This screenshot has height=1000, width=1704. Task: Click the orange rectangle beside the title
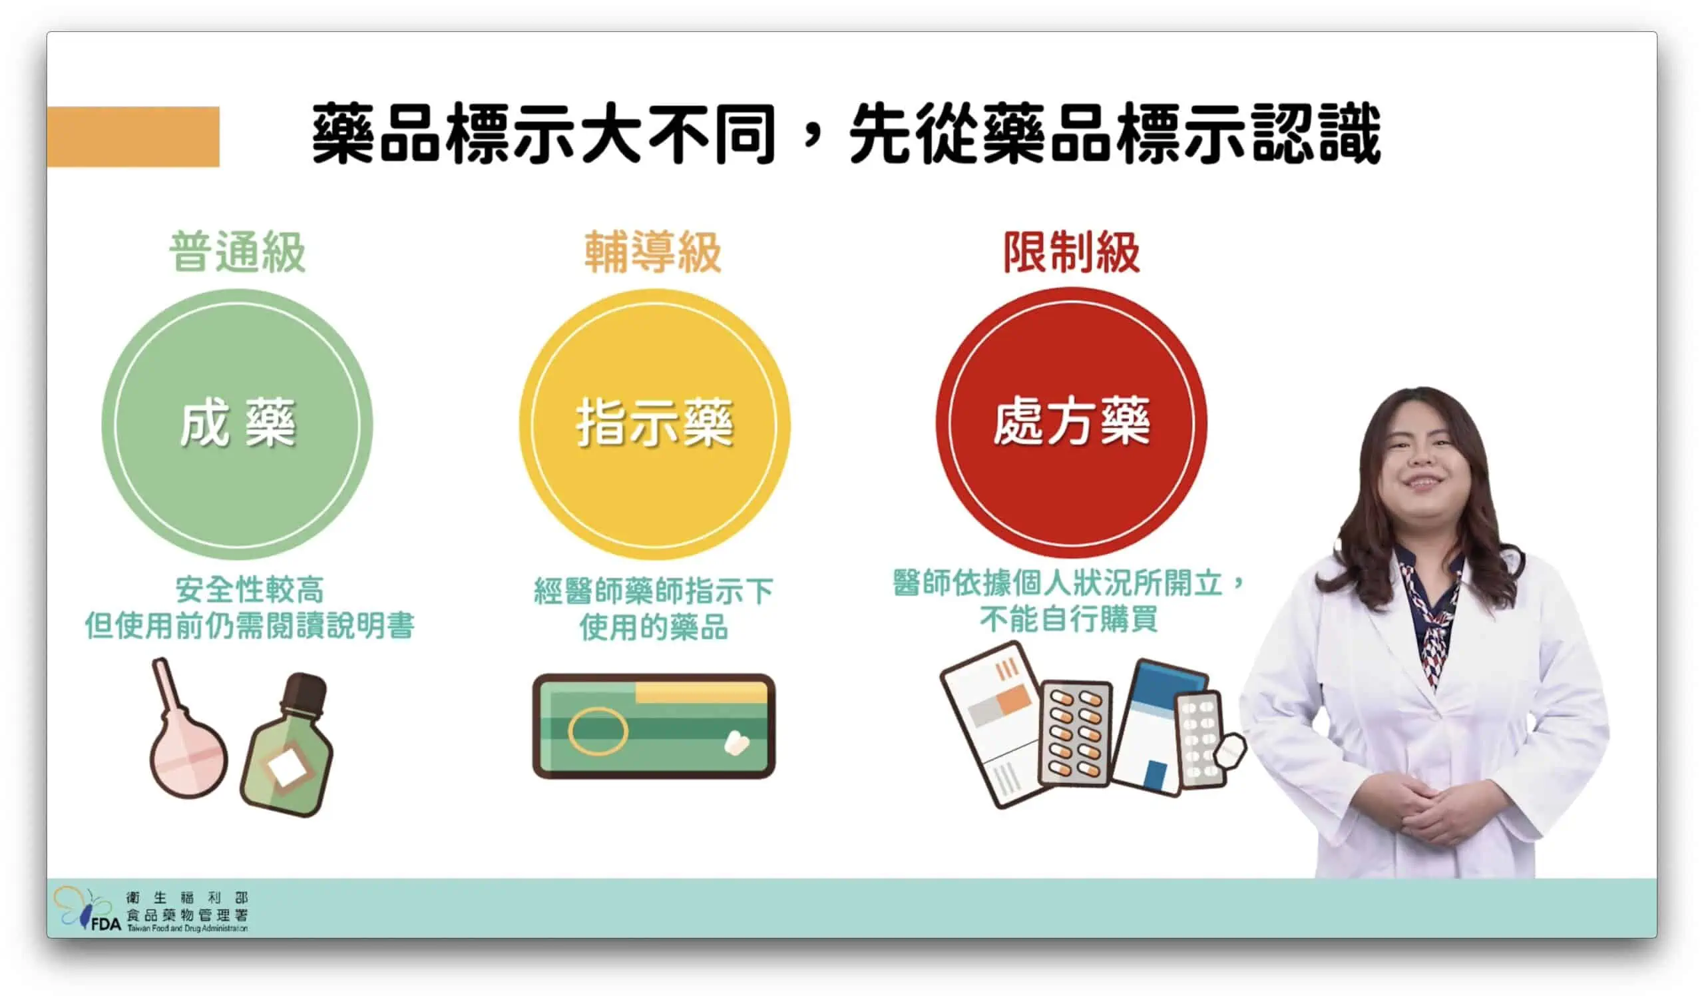point(132,136)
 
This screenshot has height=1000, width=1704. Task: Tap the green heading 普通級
point(237,252)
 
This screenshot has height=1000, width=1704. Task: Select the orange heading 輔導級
point(652,252)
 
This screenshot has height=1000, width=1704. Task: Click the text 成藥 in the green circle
point(238,424)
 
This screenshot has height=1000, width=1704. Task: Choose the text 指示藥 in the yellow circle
point(654,424)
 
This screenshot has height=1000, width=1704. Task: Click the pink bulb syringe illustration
point(186,744)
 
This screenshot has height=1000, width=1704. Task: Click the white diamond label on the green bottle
point(287,769)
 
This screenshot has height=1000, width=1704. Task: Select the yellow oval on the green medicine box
point(597,731)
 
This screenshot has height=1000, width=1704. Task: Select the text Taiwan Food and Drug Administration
point(187,928)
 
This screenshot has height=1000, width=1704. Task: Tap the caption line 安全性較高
point(250,590)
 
